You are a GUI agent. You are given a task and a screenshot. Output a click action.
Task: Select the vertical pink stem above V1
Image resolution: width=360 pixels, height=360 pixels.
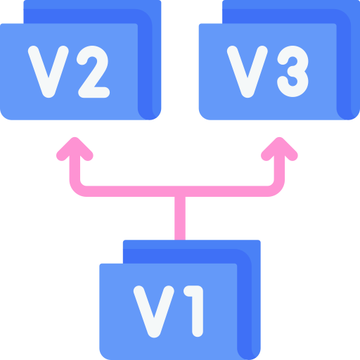[180, 218]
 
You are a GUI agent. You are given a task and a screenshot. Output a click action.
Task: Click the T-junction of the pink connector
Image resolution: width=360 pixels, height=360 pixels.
[180, 191]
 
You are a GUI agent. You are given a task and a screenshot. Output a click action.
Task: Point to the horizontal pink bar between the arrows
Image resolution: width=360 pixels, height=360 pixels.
[177, 191]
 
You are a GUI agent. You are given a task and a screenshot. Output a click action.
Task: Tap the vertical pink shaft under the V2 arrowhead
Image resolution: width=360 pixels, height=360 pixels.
[75, 167]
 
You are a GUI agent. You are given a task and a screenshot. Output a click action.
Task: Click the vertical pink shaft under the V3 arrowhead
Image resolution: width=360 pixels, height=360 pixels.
[279, 167]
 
